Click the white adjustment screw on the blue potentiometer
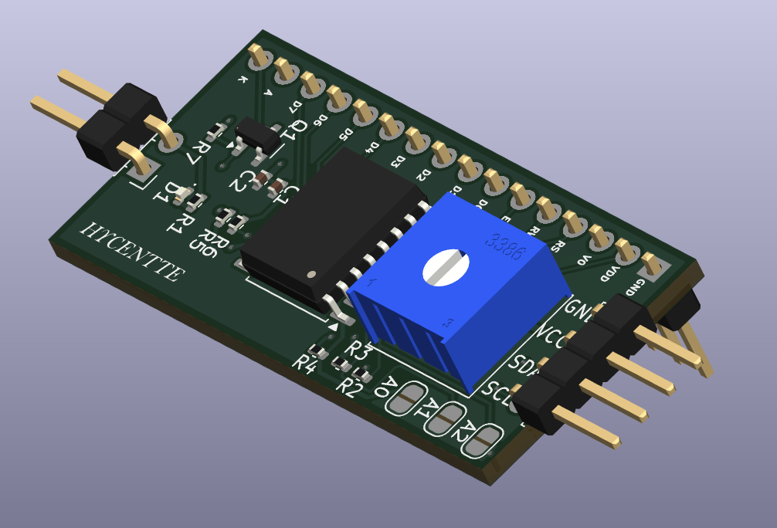click(446, 267)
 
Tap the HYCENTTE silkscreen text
click(132, 252)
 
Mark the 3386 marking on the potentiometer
click(505, 247)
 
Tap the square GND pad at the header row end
click(651, 266)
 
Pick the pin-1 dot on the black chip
click(310, 274)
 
